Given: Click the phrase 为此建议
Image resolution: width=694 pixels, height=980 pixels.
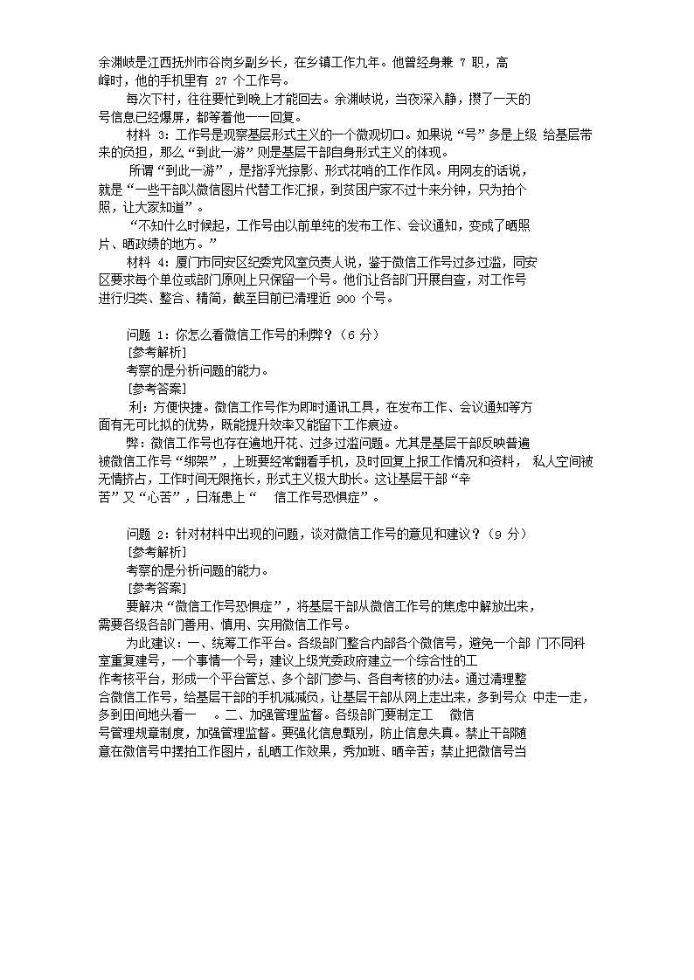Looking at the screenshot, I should click(154, 642).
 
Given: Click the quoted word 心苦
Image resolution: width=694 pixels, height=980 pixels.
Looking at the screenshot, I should click(154, 498).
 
